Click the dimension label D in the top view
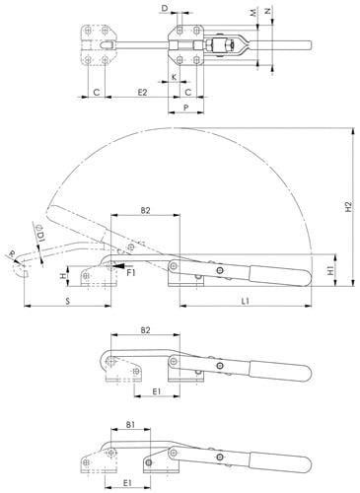pos(165,9)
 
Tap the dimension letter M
pos(252,13)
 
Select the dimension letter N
pos(268,11)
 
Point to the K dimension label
pos(175,77)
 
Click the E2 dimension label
pos(142,93)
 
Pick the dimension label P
pos(186,107)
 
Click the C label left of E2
pos(97,93)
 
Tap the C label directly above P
pos(187,93)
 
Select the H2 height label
pos(348,206)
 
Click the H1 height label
pos(330,270)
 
